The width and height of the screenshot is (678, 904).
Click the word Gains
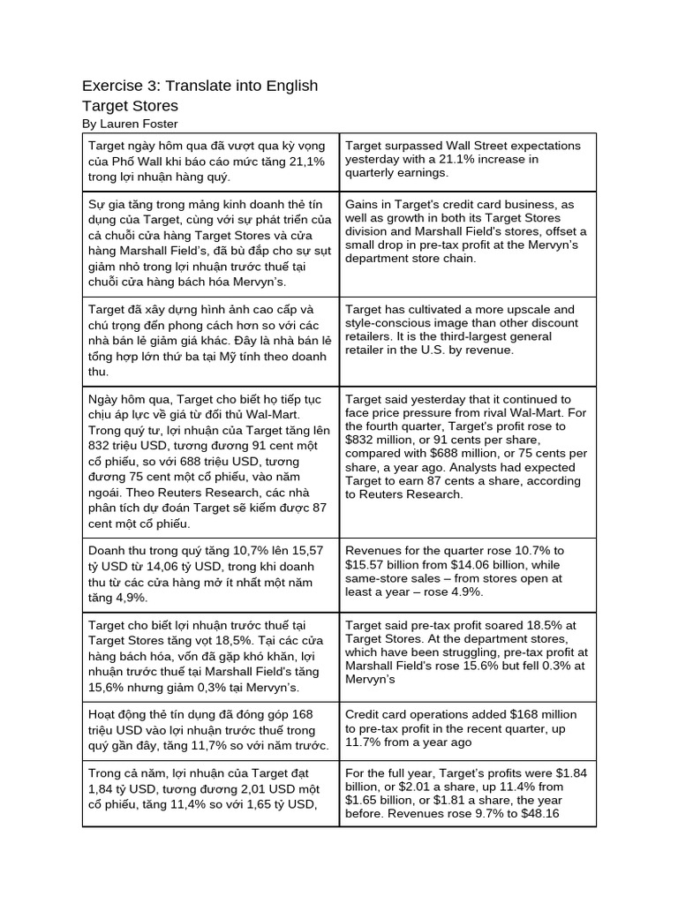[x=363, y=204]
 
